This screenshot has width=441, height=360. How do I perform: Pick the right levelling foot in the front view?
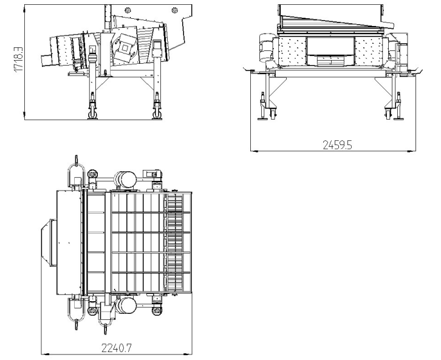(389, 117)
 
